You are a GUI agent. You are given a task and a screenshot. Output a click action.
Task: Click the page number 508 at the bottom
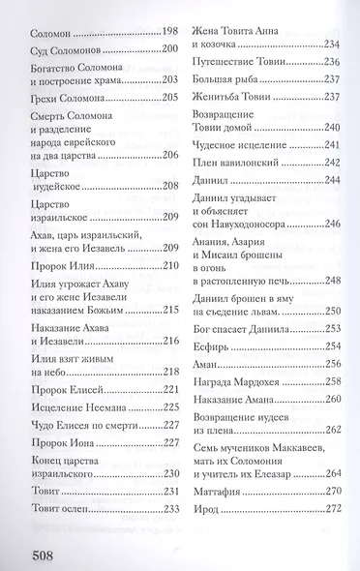[36, 556]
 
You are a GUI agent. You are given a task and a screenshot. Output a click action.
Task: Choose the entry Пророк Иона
[57, 444]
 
